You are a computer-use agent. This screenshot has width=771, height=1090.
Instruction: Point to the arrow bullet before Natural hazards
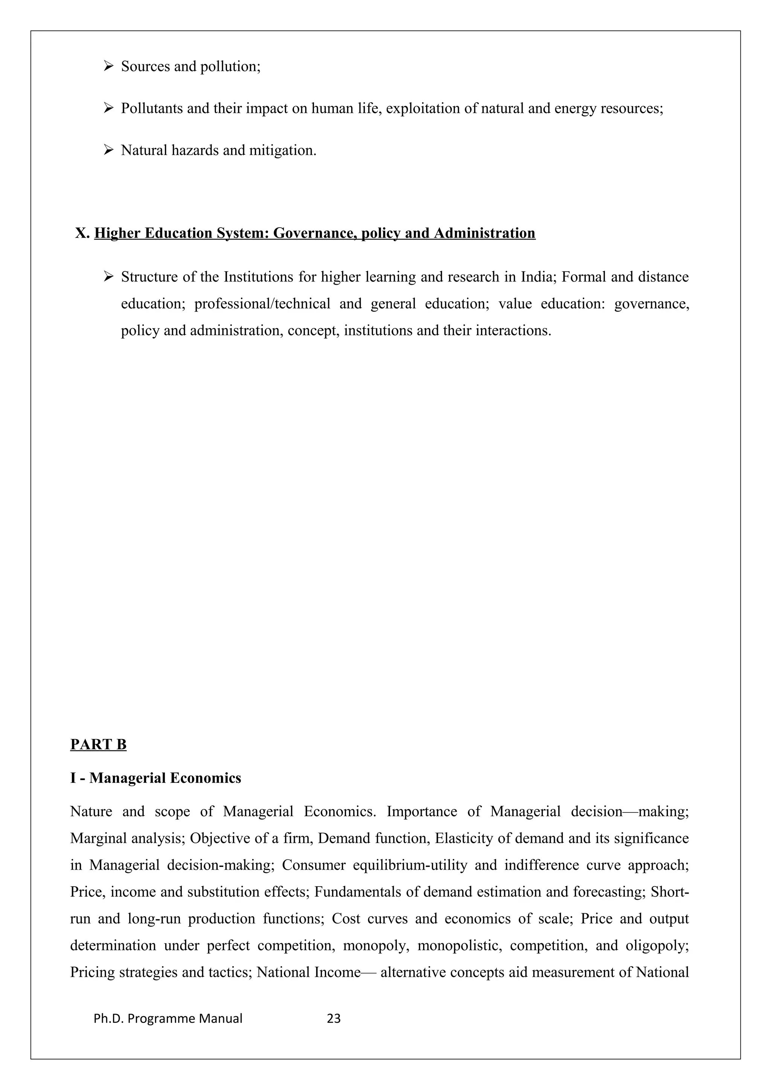(x=108, y=150)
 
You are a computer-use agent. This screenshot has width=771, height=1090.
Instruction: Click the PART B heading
(x=98, y=744)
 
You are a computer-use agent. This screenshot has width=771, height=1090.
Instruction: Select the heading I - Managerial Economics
(x=155, y=778)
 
